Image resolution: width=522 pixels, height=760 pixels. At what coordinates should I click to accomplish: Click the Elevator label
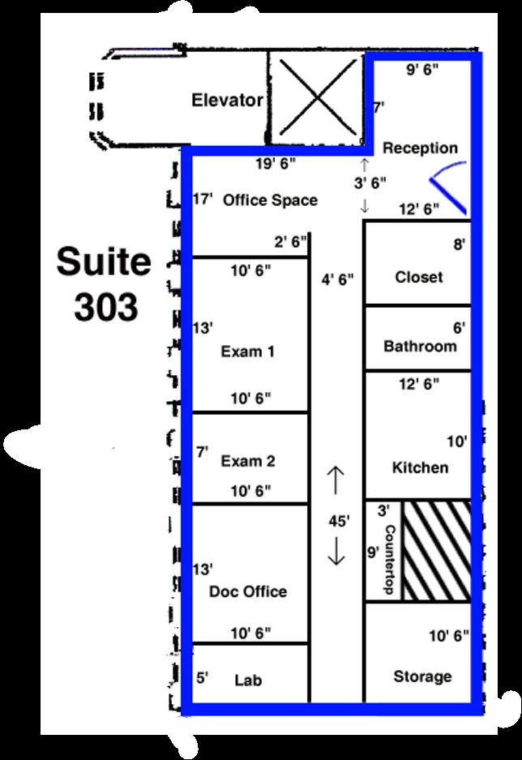pos(227,100)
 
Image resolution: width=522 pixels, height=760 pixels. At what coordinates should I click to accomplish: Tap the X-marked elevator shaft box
pos(317,97)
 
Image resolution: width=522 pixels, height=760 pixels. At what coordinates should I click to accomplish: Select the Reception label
pos(420,147)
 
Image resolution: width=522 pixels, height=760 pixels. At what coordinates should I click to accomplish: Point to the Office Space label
pos(270,199)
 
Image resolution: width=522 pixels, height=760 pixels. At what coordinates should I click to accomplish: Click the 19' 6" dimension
pos(276,164)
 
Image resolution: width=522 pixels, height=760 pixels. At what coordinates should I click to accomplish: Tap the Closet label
pos(419,277)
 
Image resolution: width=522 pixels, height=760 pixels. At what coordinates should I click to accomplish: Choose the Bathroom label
pos(420,346)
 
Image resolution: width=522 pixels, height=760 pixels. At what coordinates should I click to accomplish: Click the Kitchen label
pos(420,468)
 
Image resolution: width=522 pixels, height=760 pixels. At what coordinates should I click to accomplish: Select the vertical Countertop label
pos(390,559)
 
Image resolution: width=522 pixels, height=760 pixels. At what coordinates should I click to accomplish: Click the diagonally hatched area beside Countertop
pos(437,551)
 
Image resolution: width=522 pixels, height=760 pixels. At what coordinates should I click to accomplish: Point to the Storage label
pos(422,677)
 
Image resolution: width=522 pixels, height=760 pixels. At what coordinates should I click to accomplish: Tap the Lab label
pos(248,680)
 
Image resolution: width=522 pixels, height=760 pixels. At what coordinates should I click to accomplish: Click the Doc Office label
pos(248,591)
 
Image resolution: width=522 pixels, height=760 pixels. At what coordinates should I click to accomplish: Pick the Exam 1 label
pos(248,351)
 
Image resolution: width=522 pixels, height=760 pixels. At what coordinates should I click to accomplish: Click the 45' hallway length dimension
pos(338,521)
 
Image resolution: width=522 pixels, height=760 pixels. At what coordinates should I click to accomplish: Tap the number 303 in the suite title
pos(105,307)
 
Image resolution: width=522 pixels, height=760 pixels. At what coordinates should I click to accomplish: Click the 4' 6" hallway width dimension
pos(337,280)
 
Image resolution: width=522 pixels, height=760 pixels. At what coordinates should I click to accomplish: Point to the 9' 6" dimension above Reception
pos(422,70)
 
